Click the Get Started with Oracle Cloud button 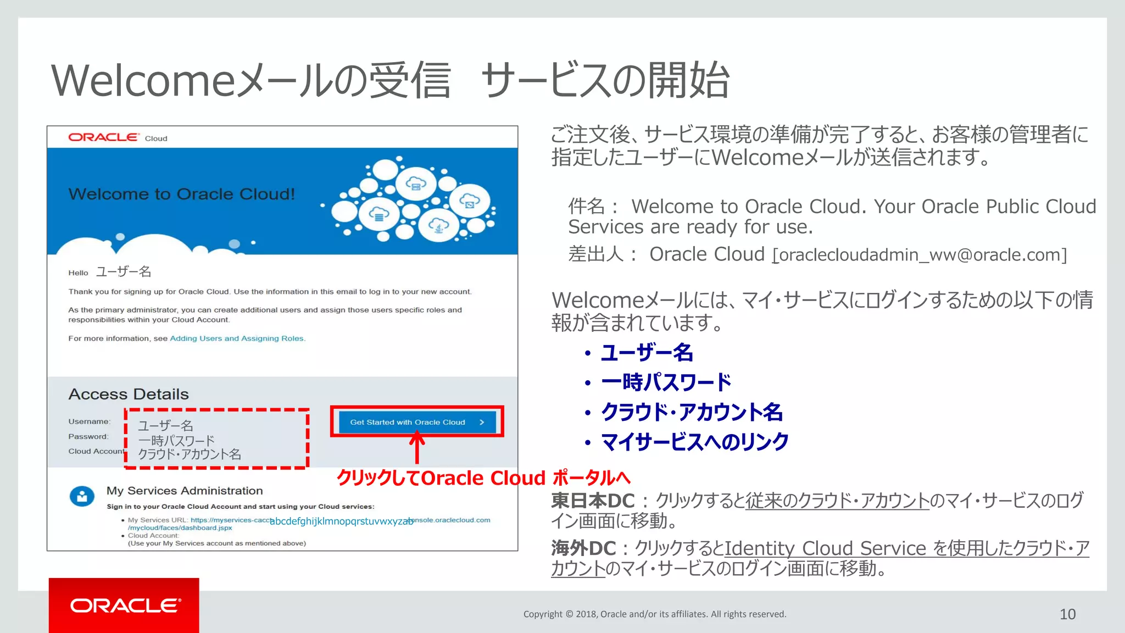click(x=417, y=422)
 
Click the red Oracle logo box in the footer click(x=124, y=605)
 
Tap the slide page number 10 click(x=1067, y=614)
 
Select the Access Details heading click(x=129, y=394)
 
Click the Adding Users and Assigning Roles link click(x=237, y=338)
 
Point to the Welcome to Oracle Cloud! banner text click(x=181, y=194)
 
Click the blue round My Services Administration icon click(x=82, y=496)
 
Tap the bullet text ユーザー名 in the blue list click(x=647, y=353)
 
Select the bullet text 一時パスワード click(x=666, y=382)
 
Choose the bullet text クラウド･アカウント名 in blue click(x=692, y=412)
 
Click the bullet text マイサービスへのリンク click(x=695, y=442)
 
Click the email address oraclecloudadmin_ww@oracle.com click(x=920, y=255)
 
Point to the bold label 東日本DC click(x=593, y=501)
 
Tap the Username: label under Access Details click(x=89, y=421)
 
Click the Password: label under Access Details click(x=88, y=436)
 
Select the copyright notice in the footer click(x=655, y=614)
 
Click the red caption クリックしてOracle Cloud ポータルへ click(x=483, y=478)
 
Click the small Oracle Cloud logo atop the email click(x=118, y=137)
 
